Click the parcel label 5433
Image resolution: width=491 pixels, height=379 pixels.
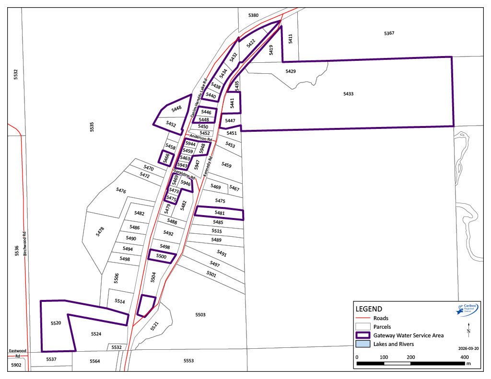pyautogui.click(x=348, y=94)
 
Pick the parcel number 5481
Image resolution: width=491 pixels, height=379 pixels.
pyautogui.click(x=220, y=213)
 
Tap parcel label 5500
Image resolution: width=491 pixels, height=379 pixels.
pyautogui.click(x=162, y=257)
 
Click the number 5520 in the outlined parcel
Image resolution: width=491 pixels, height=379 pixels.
pyautogui.click(x=56, y=324)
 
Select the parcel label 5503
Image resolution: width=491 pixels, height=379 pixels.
pyautogui.click(x=200, y=314)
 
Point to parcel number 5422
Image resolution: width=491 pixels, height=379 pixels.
pyautogui.click(x=251, y=44)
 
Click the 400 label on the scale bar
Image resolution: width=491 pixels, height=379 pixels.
pyautogui.click(x=464, y=357)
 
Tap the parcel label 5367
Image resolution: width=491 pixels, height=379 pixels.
pyautogui.click(x=389, y=33)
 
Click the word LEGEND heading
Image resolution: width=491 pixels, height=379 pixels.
pyautogui.click(x=369, y=309)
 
